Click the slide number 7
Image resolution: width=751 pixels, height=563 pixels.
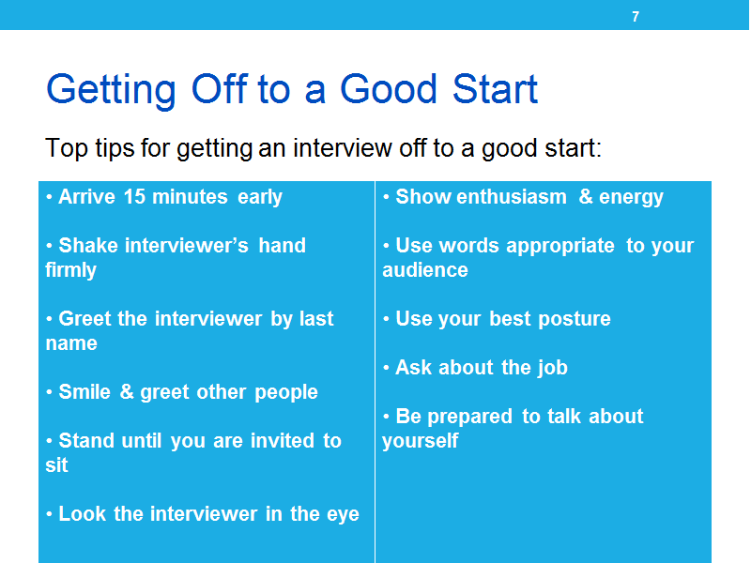(636, 17)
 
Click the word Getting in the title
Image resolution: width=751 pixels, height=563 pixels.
(111, 90)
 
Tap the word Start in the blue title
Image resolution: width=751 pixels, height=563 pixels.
(495, 89)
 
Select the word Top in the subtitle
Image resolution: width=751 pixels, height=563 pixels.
(66, 148)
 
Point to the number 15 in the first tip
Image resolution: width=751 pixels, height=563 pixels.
(134, 197)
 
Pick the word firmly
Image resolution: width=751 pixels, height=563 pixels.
(71, 270)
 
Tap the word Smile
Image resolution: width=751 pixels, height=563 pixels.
(84, 392)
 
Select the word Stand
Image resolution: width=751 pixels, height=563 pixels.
(86, 441)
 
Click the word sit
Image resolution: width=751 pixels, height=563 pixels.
(56, 465)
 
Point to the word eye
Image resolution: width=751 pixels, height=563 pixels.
(343, 515)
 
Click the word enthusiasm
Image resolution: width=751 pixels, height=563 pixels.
(512, 197)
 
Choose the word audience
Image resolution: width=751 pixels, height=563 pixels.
(425, 270)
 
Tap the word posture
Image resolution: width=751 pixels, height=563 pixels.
(575, 320)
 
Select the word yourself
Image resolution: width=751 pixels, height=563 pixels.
(420, 441)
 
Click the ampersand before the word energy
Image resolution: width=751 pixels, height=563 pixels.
(585, 197)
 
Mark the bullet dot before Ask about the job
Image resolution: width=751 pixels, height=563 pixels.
(386, 368)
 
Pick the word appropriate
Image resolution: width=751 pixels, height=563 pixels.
(559, 247)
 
